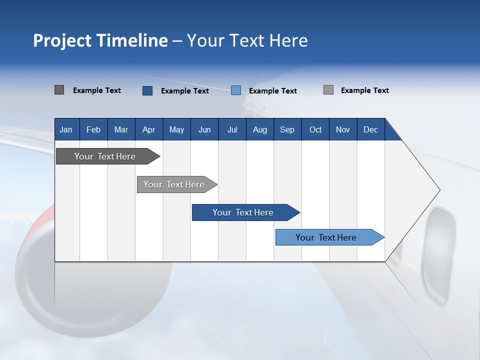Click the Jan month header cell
click(x=66, y=129)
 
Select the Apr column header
click(x=149, y=129)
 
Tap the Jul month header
click(x=232, y=129)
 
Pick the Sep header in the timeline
click(x=287, y=129)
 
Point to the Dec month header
click(x=370, y=129)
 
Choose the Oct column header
click(x=315, y=129)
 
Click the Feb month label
click(x=93, y=129)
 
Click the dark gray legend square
click(x=59, y=90)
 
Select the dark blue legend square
click(x=147, y=90)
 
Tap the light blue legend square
click(x=236, y=90)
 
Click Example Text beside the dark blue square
click(x=184, y=91)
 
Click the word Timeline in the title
click(x=132, y=40)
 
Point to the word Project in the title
click(x=62, y=40)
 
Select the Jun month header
click(x=204, y=129)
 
